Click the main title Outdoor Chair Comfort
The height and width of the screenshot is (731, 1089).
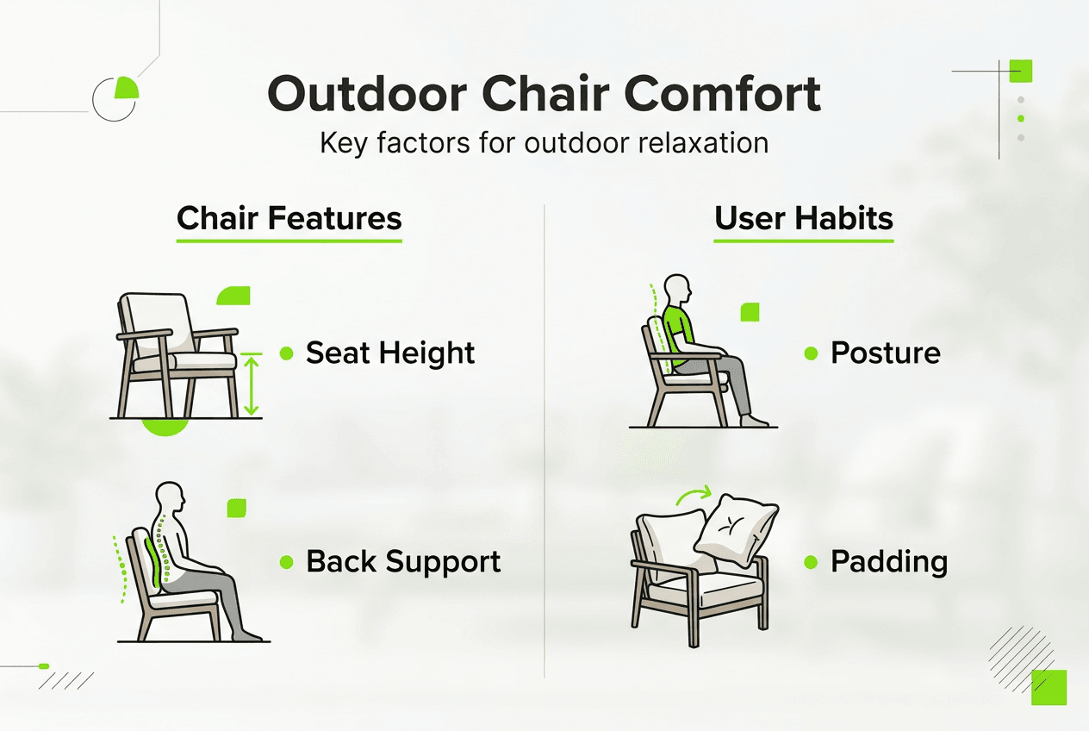[x=544, y=95]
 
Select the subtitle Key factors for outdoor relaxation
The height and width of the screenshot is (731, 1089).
[x=544, y=142]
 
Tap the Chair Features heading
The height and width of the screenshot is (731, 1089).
[x=289, y=218]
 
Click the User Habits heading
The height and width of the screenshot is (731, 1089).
[x=804, y=218]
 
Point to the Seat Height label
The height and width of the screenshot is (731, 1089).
[x=390, y=353]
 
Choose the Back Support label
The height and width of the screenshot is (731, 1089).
[x=403, y=562]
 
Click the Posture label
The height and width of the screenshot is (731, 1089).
[x=885, y=353]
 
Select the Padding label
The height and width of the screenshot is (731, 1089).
[x=888, y=562]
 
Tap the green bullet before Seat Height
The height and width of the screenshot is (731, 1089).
[x=287, y=353]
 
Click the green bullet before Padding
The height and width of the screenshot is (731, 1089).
[x=811, y=562]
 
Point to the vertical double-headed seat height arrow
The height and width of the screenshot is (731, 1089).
[x=251, y=384]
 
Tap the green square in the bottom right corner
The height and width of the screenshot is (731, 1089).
[x=1049, y=687]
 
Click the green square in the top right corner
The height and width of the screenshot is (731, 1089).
[x=1020, y=71]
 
